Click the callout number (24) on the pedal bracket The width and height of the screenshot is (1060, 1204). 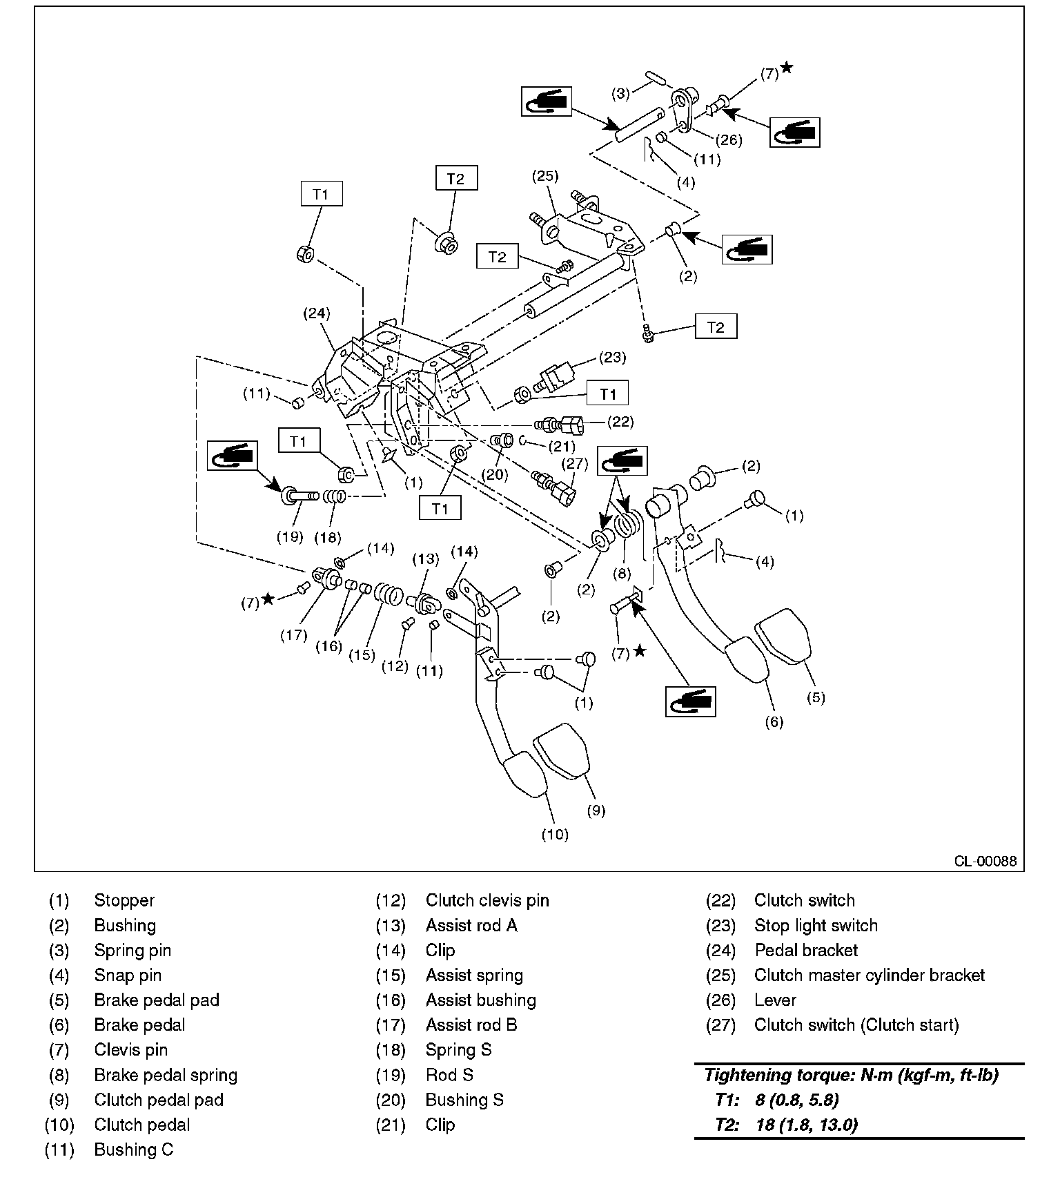[x=316, y=313]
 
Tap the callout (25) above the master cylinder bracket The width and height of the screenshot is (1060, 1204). [x=544, y=176]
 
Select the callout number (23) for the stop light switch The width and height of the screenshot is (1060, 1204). [x=612, y=357]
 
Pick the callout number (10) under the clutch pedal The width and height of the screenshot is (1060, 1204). [x=554, y=835]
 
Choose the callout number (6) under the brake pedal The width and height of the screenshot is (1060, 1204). [x=774, y=722]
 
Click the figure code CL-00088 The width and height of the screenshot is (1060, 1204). [x=985, y=862]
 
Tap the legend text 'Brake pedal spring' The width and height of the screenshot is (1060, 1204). [x=166, y=1075]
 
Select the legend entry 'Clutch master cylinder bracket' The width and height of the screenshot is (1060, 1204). [x=869, y=975]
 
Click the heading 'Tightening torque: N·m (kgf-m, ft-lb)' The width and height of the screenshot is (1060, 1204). [x=851, y=1075]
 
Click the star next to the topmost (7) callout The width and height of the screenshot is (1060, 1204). [x=786, y=68]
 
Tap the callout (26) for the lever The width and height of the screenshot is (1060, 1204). [x=728, y=140]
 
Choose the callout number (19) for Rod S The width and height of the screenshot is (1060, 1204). [x=290, y=536]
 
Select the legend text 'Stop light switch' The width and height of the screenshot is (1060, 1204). [x=816, y=926]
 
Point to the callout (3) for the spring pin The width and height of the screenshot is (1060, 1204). [x=621, y=93]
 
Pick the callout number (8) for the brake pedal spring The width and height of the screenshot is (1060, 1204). [x=623, y=572]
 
